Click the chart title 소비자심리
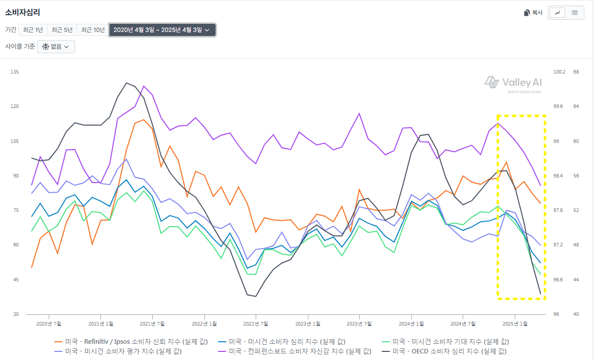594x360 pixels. click(x=22, y=13)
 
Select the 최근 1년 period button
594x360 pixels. click(x=33, y=30)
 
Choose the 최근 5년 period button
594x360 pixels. click(x=62, y=30)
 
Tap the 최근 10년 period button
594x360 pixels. click(x=93, y=30)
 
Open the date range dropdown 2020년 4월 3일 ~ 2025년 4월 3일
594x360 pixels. click(x=162, y=30)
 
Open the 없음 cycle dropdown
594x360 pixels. click(x=56, y=47)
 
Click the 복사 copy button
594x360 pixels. click(x=533, y=13)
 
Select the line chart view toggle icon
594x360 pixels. click(x=557, y=13)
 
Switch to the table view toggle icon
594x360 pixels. click(x=575, y=13)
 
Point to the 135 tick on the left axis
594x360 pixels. click(x=14, y=72)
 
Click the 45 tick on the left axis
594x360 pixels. click(x=14, y=280)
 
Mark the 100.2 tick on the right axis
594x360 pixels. click(x=559, y=72)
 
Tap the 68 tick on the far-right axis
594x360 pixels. click(x=576, y=72)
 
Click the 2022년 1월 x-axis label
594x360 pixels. click(x=205, y=323)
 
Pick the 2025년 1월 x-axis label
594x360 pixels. click(x=515, y=323)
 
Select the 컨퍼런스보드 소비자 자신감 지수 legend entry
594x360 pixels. click(x=294, y=351)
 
